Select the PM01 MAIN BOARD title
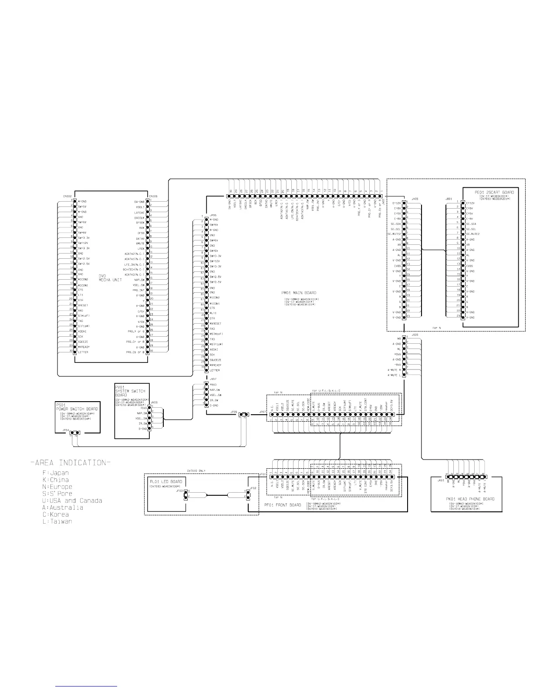(299, 293)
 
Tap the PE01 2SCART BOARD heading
(494, 192)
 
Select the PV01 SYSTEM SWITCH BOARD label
(130, 391)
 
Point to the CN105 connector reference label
(153, 196)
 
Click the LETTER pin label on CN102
(83, 352)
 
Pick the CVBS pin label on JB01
(470, 266)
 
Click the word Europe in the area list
(61, 487)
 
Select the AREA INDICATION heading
(70, 462)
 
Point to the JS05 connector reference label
(415, 335)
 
